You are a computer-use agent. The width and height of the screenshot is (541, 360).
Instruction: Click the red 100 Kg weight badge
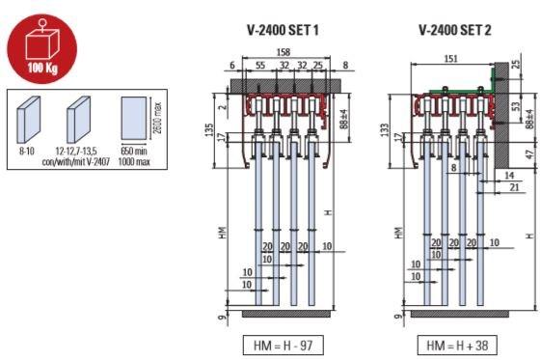point(42,48)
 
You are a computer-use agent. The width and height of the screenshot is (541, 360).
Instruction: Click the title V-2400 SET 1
point(283,30)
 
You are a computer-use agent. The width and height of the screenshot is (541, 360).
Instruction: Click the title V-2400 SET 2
point(455,30)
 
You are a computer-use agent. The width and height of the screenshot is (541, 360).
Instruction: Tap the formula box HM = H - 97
point(284,345)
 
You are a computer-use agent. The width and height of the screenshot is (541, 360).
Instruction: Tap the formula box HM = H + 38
point(457,345)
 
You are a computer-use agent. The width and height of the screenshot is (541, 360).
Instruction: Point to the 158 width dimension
point(284,52)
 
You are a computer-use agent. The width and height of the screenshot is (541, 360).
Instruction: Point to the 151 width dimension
point(450,58)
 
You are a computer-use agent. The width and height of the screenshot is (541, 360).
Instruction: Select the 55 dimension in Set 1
point(260,65)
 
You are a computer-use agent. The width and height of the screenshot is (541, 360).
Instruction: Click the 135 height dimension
point(209,129)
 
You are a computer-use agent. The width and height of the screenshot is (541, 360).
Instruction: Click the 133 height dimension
point(385,129)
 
